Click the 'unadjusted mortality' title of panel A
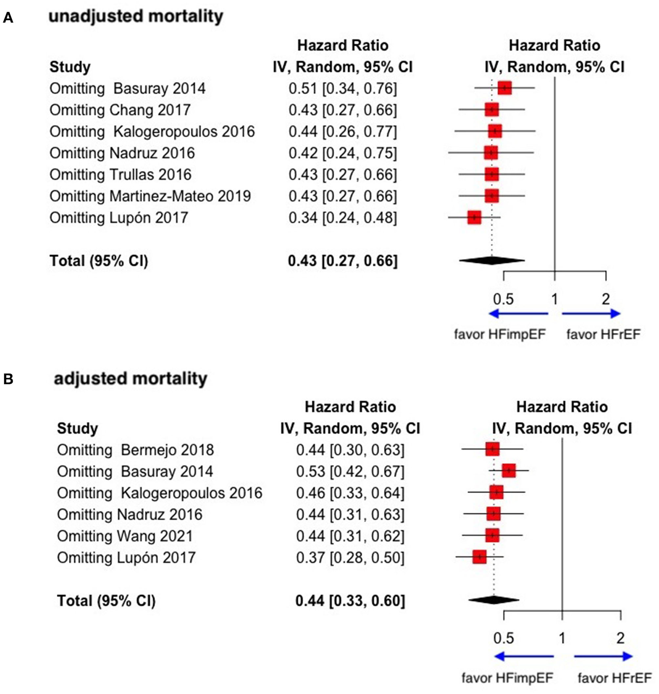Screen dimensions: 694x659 (136, 17)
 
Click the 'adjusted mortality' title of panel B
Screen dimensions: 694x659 (131, 379)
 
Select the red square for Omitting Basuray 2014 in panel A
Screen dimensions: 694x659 (505, 88)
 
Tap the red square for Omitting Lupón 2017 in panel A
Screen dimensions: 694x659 (474, 217)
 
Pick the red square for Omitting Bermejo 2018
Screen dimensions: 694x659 (492, 449)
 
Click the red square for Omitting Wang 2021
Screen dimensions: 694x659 (492, 535)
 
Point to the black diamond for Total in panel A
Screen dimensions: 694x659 (492, 260)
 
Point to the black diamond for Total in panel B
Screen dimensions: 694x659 (494, 600)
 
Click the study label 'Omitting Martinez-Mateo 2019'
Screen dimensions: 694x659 (150, 196)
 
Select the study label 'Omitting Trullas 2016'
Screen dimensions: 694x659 (120, 175)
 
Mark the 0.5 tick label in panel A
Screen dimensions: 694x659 (503, 299)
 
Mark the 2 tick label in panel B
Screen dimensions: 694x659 (620, 638)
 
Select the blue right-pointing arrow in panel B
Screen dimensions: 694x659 (603, 656)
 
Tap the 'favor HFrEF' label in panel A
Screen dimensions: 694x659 (603, 334)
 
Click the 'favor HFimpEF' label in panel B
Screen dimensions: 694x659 (507, 678)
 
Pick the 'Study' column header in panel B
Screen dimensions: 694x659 (77, 428)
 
